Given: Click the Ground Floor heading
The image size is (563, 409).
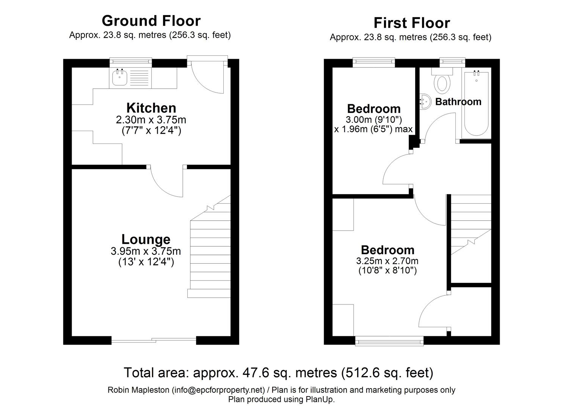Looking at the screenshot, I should (x=151, y=20).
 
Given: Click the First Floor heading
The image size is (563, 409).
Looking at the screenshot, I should (x=411, y=23).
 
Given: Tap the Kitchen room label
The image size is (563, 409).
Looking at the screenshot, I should (x=151, y=108).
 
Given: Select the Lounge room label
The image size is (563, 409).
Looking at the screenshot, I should (x=146, y=239).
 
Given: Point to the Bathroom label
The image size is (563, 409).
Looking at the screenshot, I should (x=458, y=101).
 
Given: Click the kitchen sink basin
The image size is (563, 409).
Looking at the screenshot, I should (x=120, y=78).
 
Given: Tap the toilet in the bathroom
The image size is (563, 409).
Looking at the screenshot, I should (x=442, y=82).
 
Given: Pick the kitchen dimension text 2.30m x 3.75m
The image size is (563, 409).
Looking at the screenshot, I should (x=151, y=120).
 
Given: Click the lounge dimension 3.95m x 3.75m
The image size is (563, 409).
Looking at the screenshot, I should (x=146, y=251).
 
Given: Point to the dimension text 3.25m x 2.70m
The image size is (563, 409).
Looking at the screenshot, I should (x=387, y=261).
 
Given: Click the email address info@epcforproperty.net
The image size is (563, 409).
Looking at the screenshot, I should (x=218, y=390).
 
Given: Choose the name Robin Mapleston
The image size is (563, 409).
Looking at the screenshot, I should (x=138, y=390).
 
